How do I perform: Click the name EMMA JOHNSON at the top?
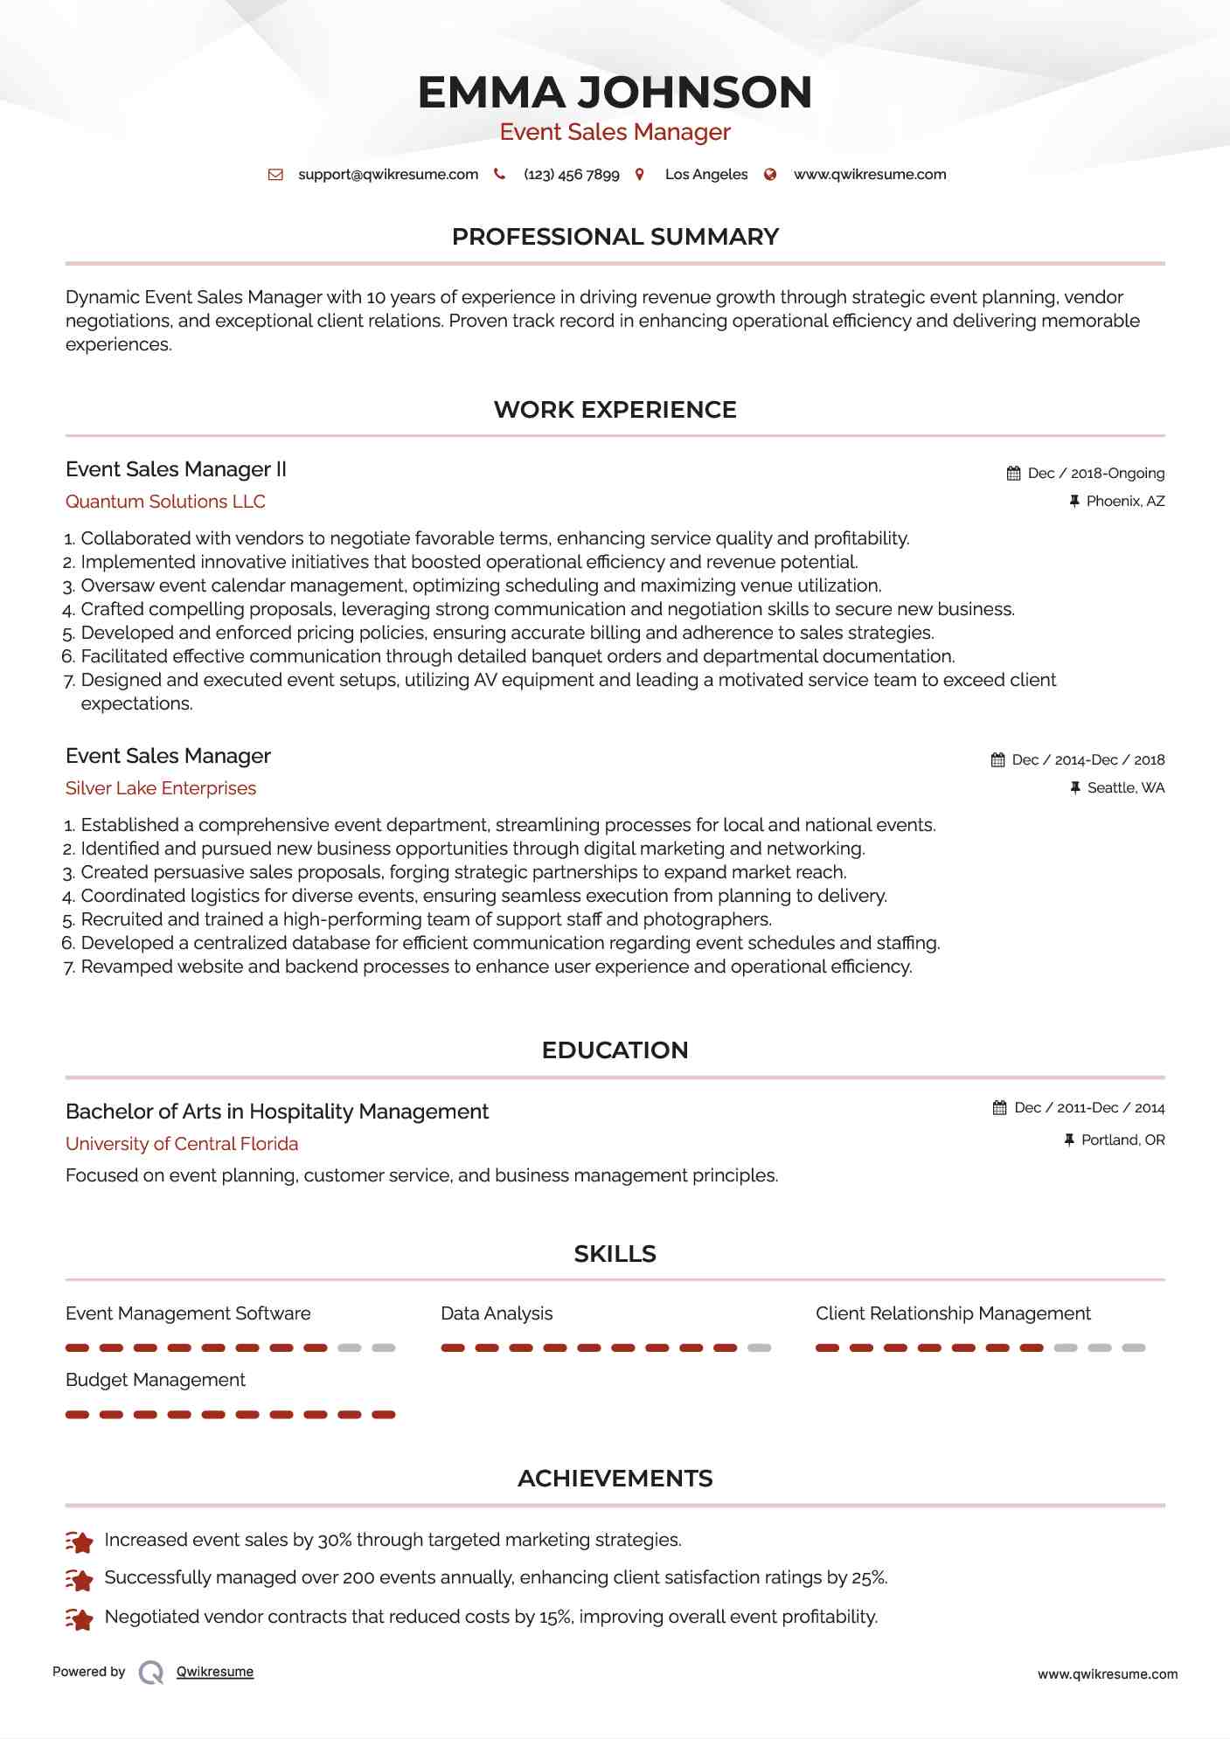[615, 93]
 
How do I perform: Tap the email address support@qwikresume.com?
[388, 175]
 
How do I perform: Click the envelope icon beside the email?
[275, 175]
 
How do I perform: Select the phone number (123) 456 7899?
[571, 175]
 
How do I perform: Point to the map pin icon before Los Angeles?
[640, 175]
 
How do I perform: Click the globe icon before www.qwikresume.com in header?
[770, 175]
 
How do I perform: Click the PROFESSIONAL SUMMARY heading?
[615, 237]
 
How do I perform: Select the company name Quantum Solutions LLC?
[165, 502]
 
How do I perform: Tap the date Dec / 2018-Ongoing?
[1095, 474]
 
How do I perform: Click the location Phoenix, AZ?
[1125, 502]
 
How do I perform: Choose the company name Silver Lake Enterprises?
[161, 788]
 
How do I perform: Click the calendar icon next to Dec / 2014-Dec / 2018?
[997, 760]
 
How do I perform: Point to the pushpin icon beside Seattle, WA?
[1075, 788]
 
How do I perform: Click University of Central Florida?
[182, 1144]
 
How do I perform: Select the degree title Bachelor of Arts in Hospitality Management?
[277, 1112]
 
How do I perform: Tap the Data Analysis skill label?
[497, 1313]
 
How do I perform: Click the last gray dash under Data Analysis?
[759, 1348]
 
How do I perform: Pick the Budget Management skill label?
[156, 1380]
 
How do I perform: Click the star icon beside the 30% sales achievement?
[80, 1542]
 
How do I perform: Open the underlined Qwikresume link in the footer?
[215, 1672]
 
